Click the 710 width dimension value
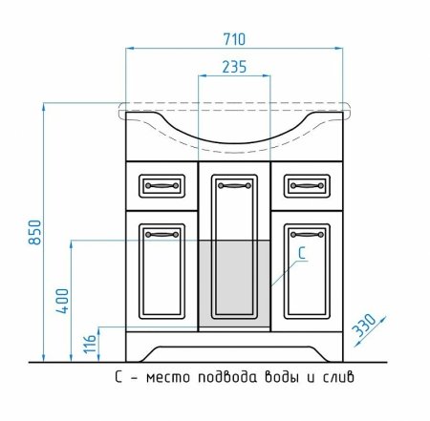pos(234,39)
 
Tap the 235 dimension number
pos(234,67)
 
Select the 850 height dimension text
pos(34,232)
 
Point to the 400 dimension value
pos(62,301)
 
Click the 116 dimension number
pos(90,344)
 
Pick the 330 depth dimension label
pos(365,325)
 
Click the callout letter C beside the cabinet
pos(302,253)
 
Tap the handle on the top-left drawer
pos(161,185)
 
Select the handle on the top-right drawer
pos(307,185)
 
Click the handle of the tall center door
pos(234,185)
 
